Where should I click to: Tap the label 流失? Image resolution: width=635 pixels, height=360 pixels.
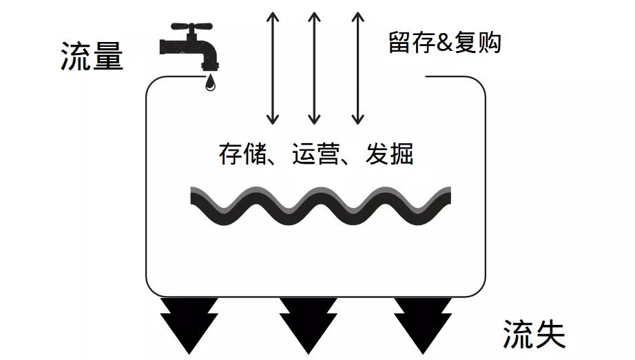coord(534,335)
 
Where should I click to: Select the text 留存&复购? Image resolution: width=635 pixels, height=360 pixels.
coord(444,43)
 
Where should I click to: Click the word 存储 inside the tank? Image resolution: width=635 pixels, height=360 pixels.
coord(242,153)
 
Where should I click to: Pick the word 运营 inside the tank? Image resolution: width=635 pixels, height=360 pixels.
coord(316,153)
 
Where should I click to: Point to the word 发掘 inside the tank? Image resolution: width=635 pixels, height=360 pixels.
coord(390,153)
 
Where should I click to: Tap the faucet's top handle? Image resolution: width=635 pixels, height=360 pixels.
coord(189,28)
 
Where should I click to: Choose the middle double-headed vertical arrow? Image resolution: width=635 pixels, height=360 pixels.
coord(315,67)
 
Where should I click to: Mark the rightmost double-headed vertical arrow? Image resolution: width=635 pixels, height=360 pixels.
coord(356,67)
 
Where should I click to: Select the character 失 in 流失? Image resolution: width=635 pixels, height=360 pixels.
coord(550,335)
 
